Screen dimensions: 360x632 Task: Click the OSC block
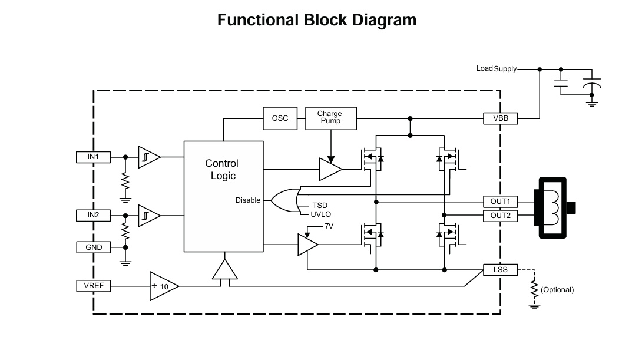tap(280, 118)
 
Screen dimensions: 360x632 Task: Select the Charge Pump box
tap(330, 118)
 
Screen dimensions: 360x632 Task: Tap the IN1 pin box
tap(93, 157)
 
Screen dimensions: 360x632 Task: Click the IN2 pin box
tap(93, 216)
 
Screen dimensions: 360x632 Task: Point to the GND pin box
tap(94, 247)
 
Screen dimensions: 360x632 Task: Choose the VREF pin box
tap(94, 286)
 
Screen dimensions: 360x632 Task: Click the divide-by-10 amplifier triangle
tap(163, 286)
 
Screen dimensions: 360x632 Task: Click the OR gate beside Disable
tap(285, 200)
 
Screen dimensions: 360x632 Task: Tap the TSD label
tap(320, 206)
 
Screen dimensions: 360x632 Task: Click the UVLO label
tap(322, 214)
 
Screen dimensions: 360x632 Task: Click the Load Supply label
tap(496, 69)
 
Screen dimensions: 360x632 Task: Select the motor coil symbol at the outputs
tap(553, 208)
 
